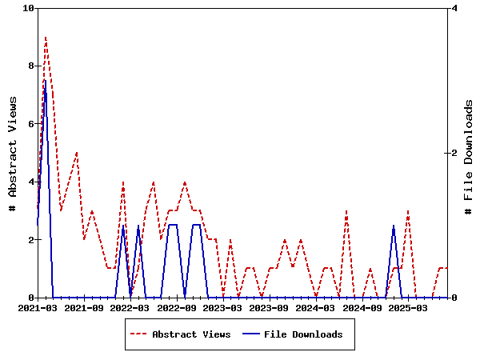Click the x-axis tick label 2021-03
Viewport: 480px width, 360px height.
pyautogui.click(x=38, y=307)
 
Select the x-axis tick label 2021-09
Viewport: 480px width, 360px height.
pyautogui.click(x=84, y=307)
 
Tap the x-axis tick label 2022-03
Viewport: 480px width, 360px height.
pyautogui.click(x=130, y=307)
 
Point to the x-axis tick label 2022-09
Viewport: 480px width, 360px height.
pyautogui.click(x=177, y=307)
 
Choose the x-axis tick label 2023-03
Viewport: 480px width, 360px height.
pyautogui.click(x=223, y=307)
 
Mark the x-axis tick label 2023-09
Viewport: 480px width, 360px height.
pyautogui.click(x=270, y=307)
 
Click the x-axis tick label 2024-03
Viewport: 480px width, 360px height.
pyautogui.click(x=316, y=307)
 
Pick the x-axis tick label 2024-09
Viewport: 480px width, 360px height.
pyautogui.click(x=362, y=307)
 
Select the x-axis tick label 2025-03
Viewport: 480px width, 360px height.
pyautogui.click(x=409, y=307)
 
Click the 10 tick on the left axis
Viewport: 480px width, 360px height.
pyautogui.click(x=29, y=8)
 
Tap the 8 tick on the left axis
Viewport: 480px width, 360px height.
pyautogui.click(x=31, y=66)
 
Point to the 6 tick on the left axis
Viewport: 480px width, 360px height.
pyautogui.click(x=31, y=124)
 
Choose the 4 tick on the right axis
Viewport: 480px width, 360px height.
pyautogui.click(x=454, y=8)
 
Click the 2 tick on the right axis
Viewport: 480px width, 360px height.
pyautogui.click(x=454, y=153)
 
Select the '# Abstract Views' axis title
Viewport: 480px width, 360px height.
pyautogui.click(x=13, y=153)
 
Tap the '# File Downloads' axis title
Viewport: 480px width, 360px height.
pyautogui.click(x=469, y=153)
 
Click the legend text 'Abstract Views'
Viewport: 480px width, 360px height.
pyautogui.click(x=191, y=334)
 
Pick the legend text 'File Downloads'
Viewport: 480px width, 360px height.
pyautogui.click(x=303, y=334)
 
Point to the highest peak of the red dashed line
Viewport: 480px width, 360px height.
pyautogui.click(x=46, y=37)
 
